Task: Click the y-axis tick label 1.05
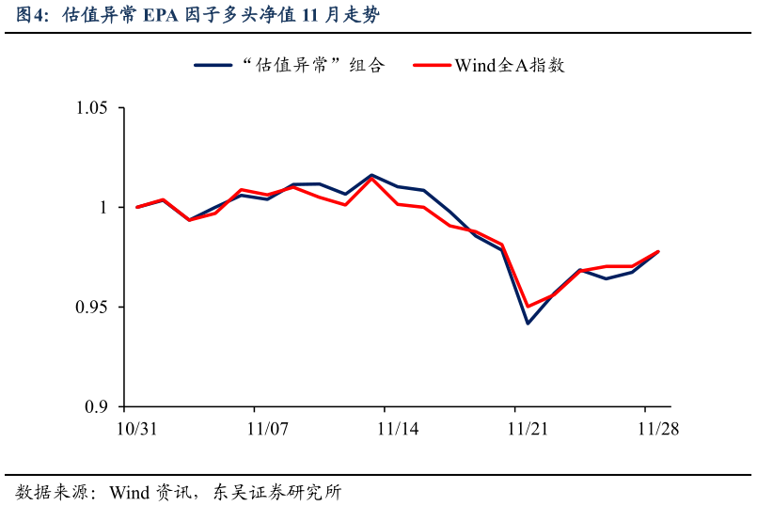pos(92,108)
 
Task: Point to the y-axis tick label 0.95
pos(92,308)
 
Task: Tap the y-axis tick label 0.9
pos(97,407)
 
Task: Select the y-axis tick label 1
pos(104,208)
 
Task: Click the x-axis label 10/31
pos(136,428)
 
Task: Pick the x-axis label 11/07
pos(267,428)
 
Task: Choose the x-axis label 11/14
pos(398,428)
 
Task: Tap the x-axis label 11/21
pos(528,428)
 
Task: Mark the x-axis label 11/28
pos(658,428)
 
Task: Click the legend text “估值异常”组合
pos(312,65)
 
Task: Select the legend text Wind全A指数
pos(509,65)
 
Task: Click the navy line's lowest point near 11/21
pos(528,324)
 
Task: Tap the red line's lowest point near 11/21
pos(528,307)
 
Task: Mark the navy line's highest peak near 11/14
pos(371,175)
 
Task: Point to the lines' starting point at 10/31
pos(137,207)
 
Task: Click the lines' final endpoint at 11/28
pos(658,251)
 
